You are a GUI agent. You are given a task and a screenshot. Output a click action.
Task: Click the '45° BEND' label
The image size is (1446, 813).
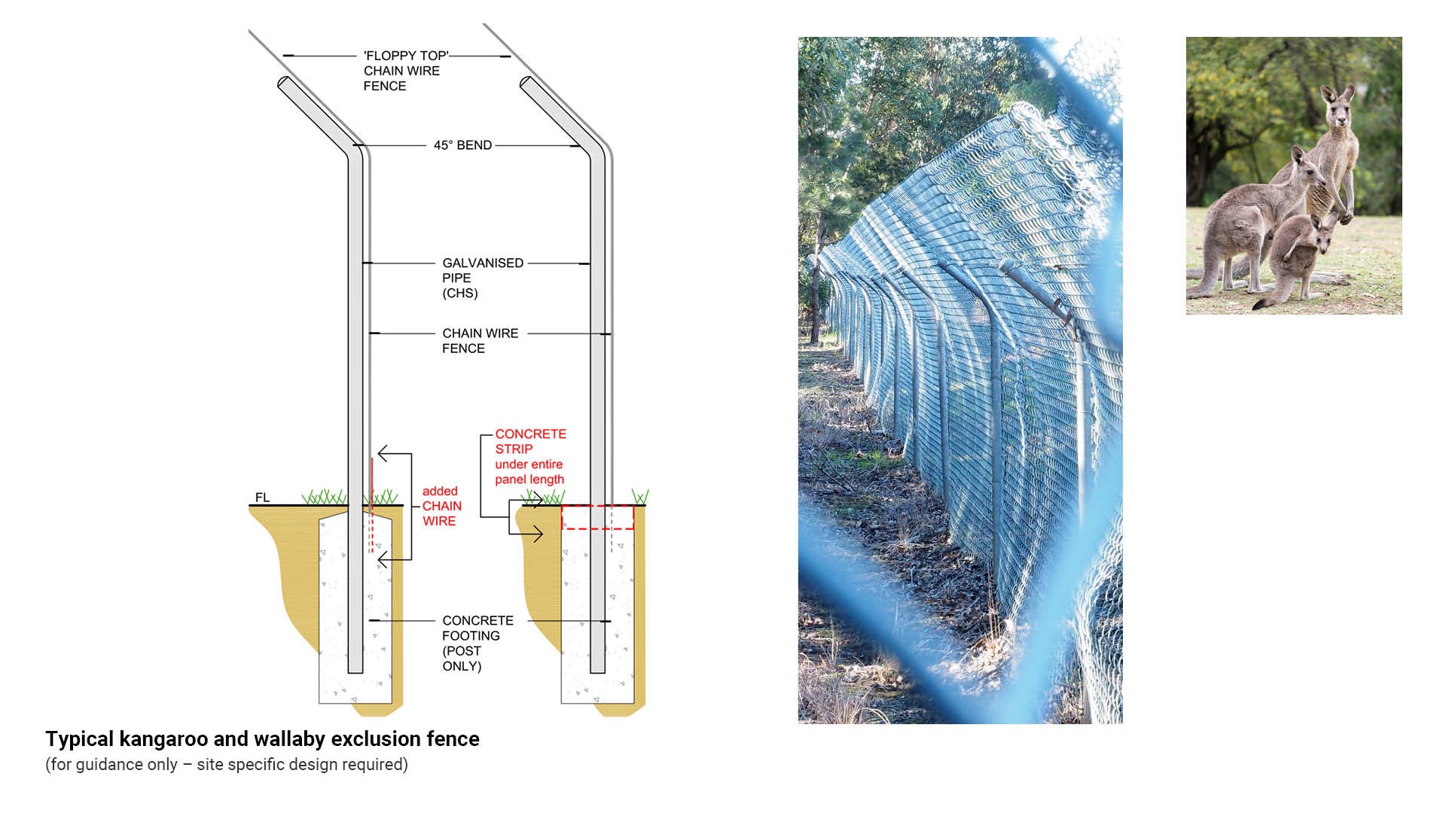(462, 145)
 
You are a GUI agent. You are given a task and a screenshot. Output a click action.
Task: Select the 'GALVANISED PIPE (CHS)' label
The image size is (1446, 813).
(482, 278)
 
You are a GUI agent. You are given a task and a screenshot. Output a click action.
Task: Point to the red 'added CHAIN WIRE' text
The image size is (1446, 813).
(441, 506)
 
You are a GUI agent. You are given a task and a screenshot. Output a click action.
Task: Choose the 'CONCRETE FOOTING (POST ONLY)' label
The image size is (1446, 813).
(477, 643)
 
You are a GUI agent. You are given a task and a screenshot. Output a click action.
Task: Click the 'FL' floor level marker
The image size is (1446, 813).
(262, 498)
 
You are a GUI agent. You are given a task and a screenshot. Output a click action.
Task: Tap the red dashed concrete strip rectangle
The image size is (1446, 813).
(597, 517)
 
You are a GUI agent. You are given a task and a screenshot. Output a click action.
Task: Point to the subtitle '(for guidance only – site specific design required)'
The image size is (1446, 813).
(227, 765)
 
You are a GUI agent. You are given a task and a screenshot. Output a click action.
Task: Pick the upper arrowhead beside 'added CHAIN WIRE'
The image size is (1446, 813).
(383, 454)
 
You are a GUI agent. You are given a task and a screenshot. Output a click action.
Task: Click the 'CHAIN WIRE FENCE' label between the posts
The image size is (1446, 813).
(480, 341)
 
